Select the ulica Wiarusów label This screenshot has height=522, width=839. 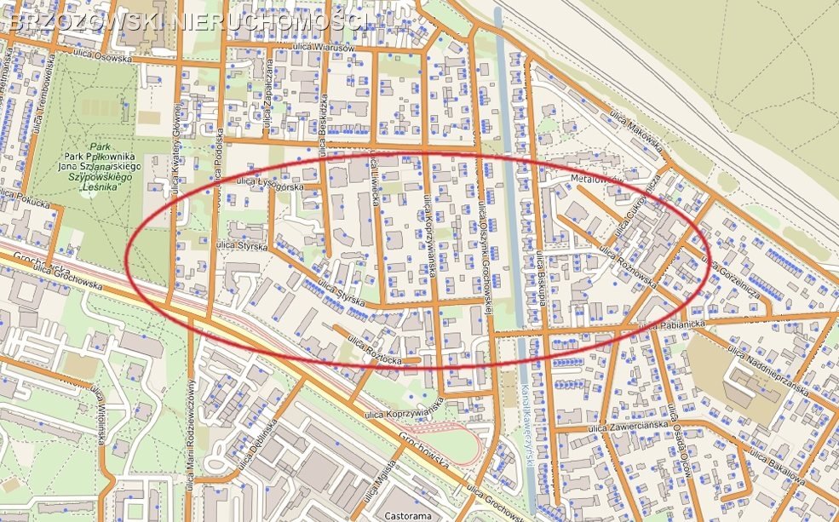tap(324, 49)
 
